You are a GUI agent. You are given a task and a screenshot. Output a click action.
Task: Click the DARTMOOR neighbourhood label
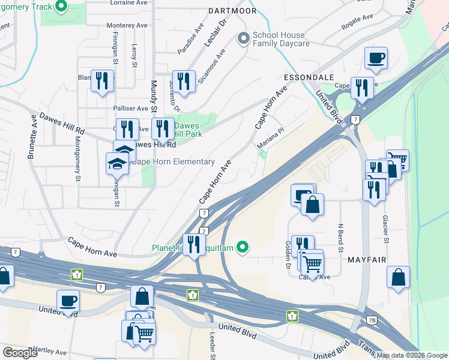232,11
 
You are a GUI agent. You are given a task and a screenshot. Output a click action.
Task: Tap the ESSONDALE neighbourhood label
304,77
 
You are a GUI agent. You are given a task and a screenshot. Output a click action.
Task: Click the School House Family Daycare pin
243,39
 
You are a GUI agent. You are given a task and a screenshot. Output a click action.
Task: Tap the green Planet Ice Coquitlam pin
243,247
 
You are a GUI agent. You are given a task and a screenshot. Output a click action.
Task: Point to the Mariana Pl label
270,139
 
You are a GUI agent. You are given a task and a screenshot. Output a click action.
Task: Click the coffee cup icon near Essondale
376,58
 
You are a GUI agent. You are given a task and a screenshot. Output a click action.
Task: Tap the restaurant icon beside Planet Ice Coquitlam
193,244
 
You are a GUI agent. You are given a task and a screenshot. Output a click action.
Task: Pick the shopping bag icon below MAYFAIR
398,277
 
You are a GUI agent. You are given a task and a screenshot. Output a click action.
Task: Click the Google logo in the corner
20,353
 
